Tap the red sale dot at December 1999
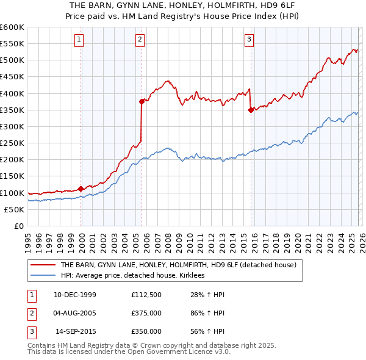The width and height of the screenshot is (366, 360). click(81, 189)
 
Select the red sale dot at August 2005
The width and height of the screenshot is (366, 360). click(142, 102)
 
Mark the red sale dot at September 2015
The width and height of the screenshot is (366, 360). click(251, 110)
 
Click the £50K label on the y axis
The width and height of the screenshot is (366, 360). click(14, 209)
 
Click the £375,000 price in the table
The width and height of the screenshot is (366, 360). click(146, 313)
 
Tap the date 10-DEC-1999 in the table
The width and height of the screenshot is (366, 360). click(75, 295)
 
